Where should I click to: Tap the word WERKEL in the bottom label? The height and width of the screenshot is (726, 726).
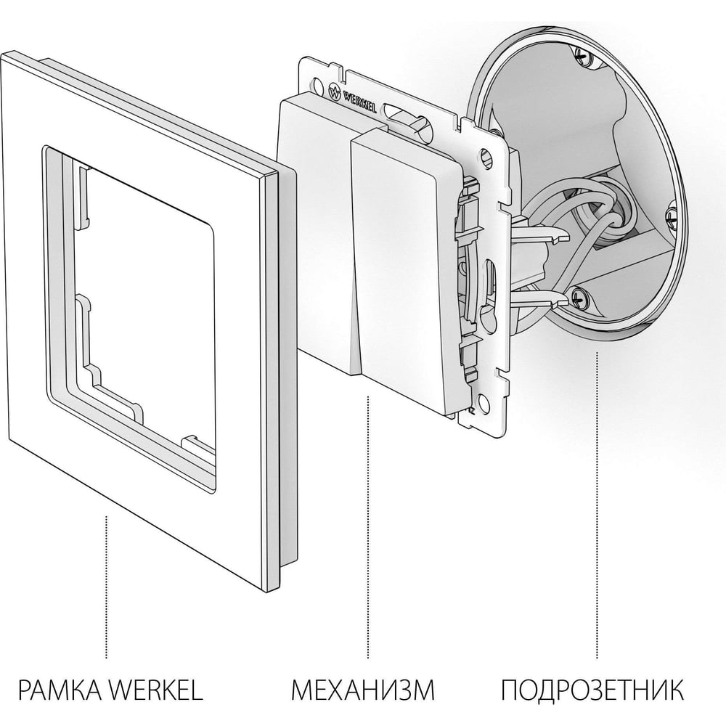point(156,690)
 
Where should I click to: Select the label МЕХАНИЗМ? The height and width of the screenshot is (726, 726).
point(363,690)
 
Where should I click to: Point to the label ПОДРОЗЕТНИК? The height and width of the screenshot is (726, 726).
point(592,690)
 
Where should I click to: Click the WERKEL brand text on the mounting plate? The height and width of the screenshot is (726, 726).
point(359,101)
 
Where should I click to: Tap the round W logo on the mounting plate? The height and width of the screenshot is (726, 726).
point(334,91)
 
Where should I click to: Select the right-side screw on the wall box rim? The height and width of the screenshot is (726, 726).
point(671,214)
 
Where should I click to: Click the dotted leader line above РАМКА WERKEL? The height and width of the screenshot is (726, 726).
point(107,587)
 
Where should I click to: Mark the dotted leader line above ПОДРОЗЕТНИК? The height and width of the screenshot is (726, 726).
point(597,505)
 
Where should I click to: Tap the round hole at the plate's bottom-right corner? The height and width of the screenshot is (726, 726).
point(484,402)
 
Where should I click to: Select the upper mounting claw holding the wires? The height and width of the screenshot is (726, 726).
point(542,231)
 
